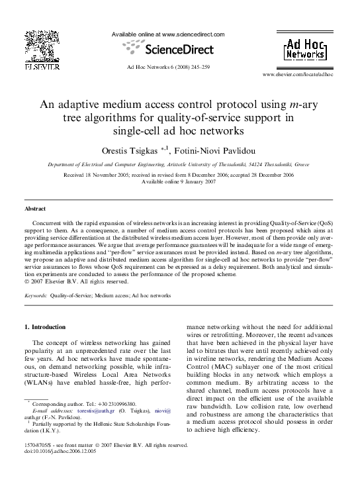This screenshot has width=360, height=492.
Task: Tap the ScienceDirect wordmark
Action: click(x=179, y=49)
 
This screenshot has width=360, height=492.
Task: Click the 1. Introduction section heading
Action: click(x=44, y=327)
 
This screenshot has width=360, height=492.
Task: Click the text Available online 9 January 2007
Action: click(x=179, y=181)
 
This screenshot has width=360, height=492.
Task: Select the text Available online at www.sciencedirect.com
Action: click(x=167, y=34)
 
